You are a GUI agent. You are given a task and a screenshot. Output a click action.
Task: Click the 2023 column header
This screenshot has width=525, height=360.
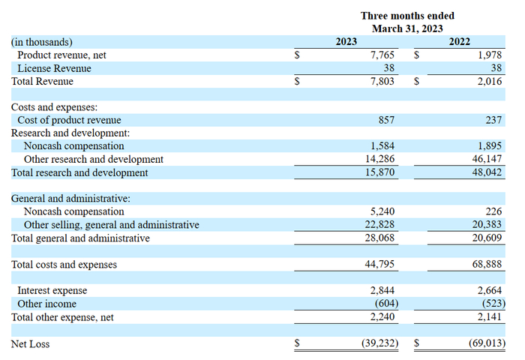click(x=346, y=42)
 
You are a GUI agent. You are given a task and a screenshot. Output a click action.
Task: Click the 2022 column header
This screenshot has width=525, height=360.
click(x=460, y=42)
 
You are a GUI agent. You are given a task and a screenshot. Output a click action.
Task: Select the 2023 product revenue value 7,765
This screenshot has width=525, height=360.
click(x=382, y=55)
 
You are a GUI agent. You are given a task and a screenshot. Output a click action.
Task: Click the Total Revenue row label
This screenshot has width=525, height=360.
click(x=42, y=82)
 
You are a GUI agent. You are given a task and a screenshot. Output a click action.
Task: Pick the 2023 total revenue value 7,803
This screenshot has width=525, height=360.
click(x=382, y=82)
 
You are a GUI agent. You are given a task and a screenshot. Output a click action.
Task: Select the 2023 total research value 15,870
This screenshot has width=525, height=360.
click(x=379, y=172)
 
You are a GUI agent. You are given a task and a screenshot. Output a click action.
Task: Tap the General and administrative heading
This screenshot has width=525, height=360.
click(x=70, y=199)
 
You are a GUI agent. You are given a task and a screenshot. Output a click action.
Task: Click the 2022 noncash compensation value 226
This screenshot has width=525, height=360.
click(x=493, y=211)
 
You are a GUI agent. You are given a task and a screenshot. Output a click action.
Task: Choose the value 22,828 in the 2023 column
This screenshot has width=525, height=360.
click(x=379, y=225)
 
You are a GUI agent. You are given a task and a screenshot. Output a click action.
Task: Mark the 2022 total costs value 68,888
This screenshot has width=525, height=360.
click(x=486, y=264)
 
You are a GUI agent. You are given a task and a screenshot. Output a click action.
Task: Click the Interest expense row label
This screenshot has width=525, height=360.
click(x=52, y=290)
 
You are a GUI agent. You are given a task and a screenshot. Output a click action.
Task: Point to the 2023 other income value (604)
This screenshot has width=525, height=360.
click(x=384, y=304)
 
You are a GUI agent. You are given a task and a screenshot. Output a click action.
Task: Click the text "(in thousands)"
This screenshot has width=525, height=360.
click(x=42, y=43)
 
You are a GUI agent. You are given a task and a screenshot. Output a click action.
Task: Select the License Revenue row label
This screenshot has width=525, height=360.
click(x=54, y=68)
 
